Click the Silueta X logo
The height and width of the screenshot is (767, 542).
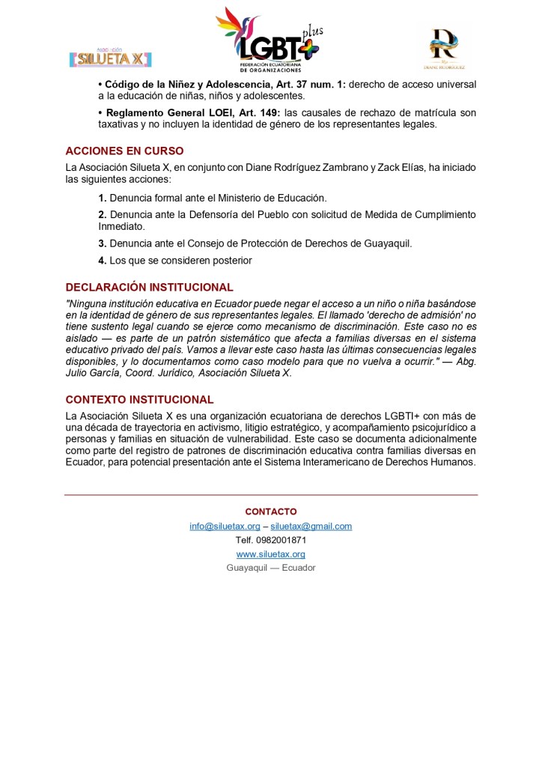click(111, 57)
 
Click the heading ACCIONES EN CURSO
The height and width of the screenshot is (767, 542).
click(124, 151)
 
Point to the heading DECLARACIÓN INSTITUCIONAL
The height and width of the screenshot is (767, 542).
click(149, 288)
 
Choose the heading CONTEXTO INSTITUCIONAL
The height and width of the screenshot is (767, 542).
click(139, 400)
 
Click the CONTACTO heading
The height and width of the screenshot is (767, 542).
click(270, 512)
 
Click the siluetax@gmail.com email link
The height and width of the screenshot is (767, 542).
click(311, 526)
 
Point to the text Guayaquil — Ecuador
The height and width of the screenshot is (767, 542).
click(270, 568)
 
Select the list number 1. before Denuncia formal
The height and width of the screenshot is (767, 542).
click(103, 198)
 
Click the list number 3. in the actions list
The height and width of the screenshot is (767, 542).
click(103, 243)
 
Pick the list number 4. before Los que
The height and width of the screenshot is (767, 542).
click(103, 261)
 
